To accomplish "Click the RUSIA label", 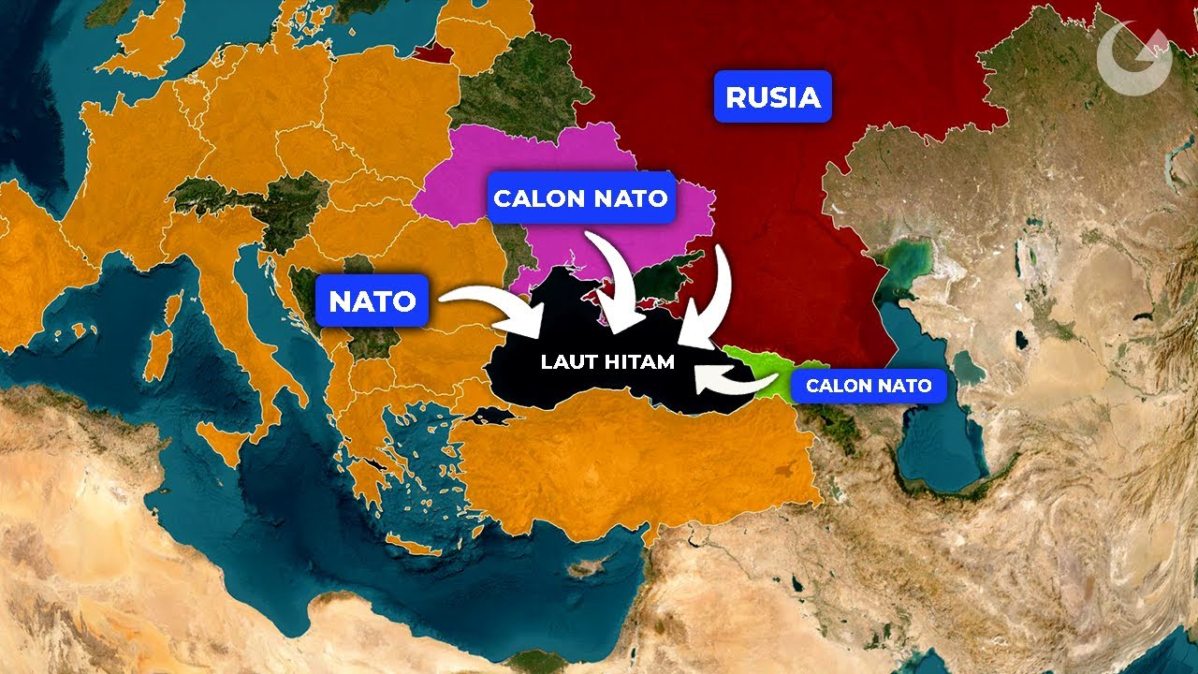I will pos(772,96).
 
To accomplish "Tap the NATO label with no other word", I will pos(372,300).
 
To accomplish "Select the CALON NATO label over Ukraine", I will pos(580,198).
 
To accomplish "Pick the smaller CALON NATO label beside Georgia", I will pos(869,385).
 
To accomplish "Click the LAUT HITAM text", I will pos(607,361).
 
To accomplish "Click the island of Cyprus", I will pos(587,567).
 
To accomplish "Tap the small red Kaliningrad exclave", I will pos(431,52).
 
